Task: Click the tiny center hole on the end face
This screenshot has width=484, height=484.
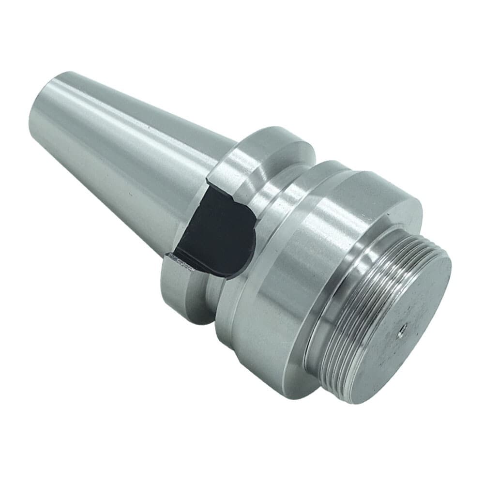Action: tap(401, 331)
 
